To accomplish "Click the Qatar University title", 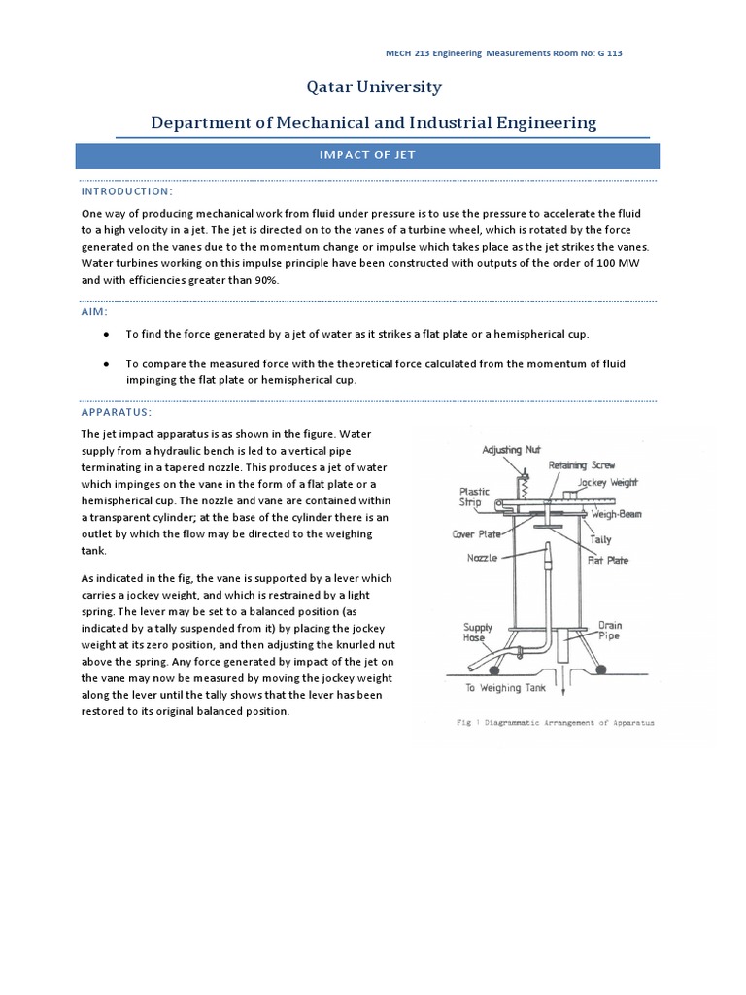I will pyautogui.click(x=374, y=87).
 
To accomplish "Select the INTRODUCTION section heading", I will pyautogui.click(x=126, y=191).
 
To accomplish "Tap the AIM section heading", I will pyautogui.click(x=94, y=311).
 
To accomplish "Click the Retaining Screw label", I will pyautogui.click(x=581, y=465).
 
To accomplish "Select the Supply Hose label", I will pyautogui.click(x=478, y=634).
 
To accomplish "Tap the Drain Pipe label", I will pyautogui.click(x=610, y=632).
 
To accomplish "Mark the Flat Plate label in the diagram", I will pyautogui.click(x=610, y=560).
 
